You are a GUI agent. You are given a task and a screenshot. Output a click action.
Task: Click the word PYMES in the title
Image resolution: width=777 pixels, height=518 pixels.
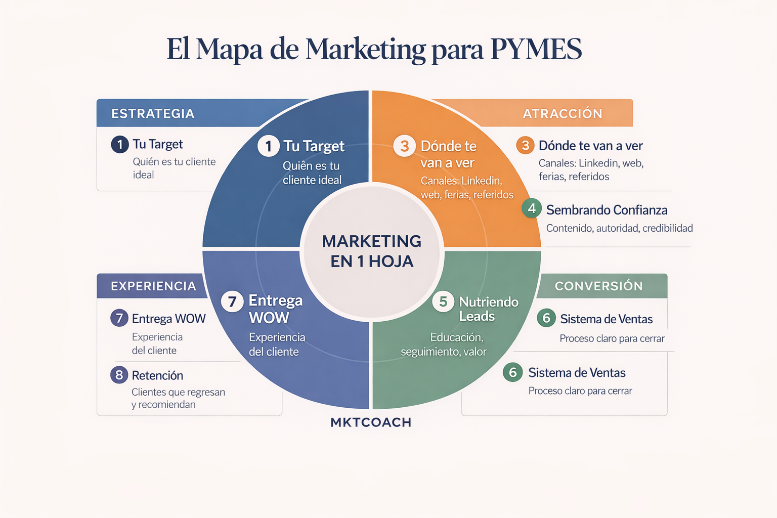(536, 49)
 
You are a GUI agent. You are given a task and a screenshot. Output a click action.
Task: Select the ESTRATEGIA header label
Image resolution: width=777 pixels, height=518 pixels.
(153, 113)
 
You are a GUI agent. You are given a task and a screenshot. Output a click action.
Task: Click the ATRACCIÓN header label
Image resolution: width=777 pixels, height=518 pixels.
(563, 113)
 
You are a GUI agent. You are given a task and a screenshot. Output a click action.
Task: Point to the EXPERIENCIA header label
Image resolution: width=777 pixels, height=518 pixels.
(153, 286)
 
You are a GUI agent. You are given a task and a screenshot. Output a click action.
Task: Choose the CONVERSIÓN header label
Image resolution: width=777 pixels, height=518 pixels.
(599, 286)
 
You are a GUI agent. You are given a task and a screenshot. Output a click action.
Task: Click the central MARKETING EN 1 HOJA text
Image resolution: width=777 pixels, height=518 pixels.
(372, 251)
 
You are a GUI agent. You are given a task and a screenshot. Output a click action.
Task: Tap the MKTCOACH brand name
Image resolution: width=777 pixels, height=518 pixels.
(371, 422)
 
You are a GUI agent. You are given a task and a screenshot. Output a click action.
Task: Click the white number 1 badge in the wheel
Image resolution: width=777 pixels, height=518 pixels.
(268, 146)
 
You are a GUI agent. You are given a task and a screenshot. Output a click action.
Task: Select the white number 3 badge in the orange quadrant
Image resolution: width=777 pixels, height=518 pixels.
(404, 146)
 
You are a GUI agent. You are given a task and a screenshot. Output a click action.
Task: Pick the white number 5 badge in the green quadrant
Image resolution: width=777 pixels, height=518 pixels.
(443, 301)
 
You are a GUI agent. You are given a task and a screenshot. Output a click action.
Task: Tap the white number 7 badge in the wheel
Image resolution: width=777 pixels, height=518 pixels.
(232, 301)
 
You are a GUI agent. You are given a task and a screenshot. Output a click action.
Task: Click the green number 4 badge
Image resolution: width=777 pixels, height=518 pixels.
(532, 208)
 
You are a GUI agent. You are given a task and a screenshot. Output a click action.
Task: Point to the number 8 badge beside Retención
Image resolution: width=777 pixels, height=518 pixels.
(119, 375)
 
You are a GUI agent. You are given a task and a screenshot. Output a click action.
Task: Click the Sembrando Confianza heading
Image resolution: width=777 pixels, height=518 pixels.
(607, 210)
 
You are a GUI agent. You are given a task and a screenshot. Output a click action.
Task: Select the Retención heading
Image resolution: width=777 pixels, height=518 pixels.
(157, 375)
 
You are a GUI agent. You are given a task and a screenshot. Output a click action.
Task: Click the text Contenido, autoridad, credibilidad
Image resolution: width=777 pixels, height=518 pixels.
(619, 228)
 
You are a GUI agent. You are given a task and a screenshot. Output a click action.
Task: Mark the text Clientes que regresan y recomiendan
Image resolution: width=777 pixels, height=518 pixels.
(178, 398)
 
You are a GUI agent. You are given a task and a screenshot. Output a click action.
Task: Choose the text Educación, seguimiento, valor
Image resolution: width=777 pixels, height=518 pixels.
(444, 344)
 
